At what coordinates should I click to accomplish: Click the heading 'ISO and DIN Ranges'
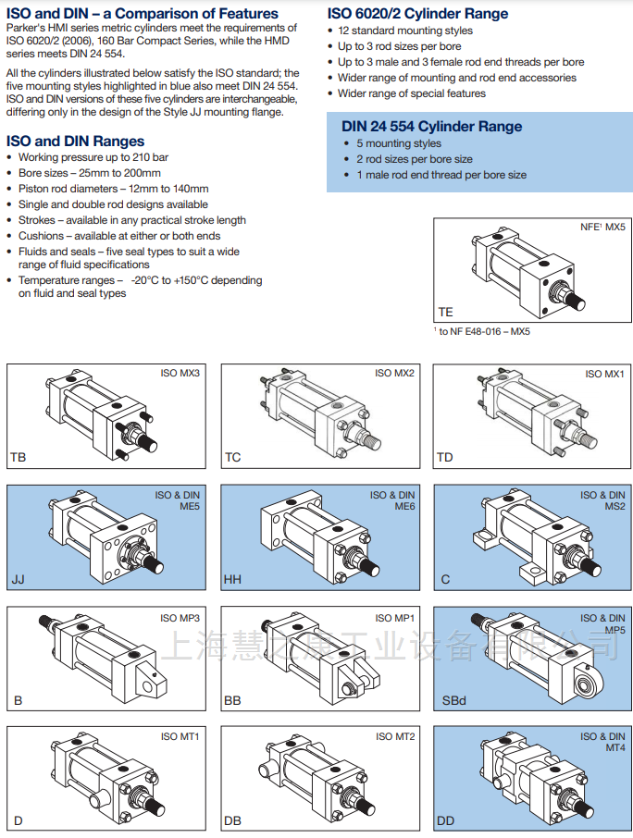click(75, 142)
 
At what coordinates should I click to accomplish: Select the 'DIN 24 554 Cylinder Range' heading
click(431, 127)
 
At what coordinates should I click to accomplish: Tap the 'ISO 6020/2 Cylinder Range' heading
click(417, 14)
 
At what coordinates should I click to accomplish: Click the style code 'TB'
click(19, 457)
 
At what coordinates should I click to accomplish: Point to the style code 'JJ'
click(18, 580)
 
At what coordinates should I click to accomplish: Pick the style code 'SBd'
click(453, 700)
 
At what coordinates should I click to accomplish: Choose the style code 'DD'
click(445, 821)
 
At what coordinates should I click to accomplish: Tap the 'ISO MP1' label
click(395, 618)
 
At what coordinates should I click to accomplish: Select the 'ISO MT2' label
click(395, 736)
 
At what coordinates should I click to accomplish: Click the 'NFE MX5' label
click(602, 227)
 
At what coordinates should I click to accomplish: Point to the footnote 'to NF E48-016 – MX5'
click(485, 331)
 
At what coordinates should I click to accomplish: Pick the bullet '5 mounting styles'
click(399, 143)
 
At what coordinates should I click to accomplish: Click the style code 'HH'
click(231, 580)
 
